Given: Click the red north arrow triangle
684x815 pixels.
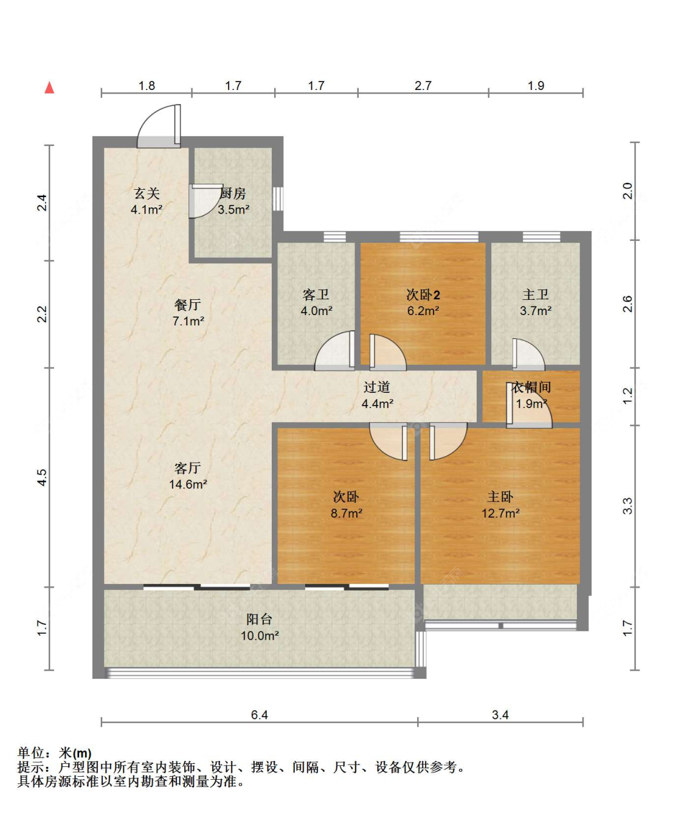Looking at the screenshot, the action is coord(49,88).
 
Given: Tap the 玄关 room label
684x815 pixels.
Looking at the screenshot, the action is coord(147,193).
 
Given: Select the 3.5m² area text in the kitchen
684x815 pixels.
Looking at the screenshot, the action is coord(233,210).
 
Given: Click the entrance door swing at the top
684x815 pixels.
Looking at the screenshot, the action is coord(159,126).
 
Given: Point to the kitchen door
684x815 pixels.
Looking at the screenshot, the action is coord(205,201).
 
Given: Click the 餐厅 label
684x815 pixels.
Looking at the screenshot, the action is coord(188,305).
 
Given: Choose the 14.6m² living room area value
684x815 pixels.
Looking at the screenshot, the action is coord(188,484).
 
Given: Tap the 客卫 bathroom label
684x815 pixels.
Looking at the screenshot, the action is coord(316,295).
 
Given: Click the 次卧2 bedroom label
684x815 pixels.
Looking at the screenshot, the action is coord(423,295).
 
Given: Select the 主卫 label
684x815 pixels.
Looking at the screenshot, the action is coord(535,295).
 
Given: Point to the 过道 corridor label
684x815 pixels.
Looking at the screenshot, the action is coord(377,387).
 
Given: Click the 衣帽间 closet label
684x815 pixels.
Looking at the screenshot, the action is coord(531,387).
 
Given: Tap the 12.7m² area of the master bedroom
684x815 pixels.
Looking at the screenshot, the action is coord(500,513).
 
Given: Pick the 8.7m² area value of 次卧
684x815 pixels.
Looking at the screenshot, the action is coord(347,513).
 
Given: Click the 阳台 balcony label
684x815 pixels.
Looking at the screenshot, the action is coord(259,619).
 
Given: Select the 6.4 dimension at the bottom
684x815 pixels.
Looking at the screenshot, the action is coord(260,715).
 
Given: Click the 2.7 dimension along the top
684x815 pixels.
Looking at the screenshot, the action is coord(423,86).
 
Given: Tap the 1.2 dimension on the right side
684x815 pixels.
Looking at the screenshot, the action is coord(627,396).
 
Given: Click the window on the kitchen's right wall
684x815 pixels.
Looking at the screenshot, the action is coord(278,199).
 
